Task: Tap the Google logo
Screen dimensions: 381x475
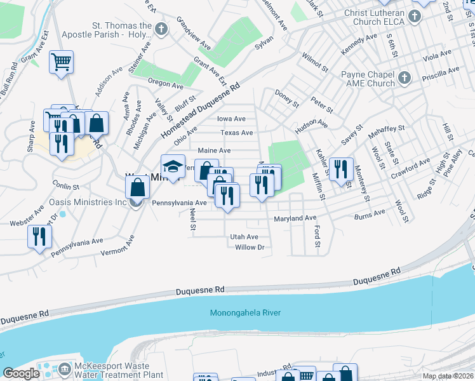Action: point(21,373)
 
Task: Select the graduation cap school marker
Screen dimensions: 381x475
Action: point(173,166)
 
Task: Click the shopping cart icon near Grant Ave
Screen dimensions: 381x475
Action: point(62,62)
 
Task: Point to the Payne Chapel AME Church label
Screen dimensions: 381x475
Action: point(368,79)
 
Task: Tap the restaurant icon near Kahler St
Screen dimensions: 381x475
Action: point(341,168)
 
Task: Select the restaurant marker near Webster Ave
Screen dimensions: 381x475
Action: point(39,237)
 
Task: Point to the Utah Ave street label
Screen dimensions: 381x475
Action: point(244,237)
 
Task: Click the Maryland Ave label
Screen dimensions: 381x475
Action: point(295,218)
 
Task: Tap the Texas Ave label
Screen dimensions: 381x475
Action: point(237,133)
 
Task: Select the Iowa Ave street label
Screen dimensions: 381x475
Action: point(231,119)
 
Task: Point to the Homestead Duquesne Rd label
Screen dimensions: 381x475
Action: point(201,111)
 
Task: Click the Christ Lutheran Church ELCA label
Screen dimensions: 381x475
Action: point(378,17)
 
